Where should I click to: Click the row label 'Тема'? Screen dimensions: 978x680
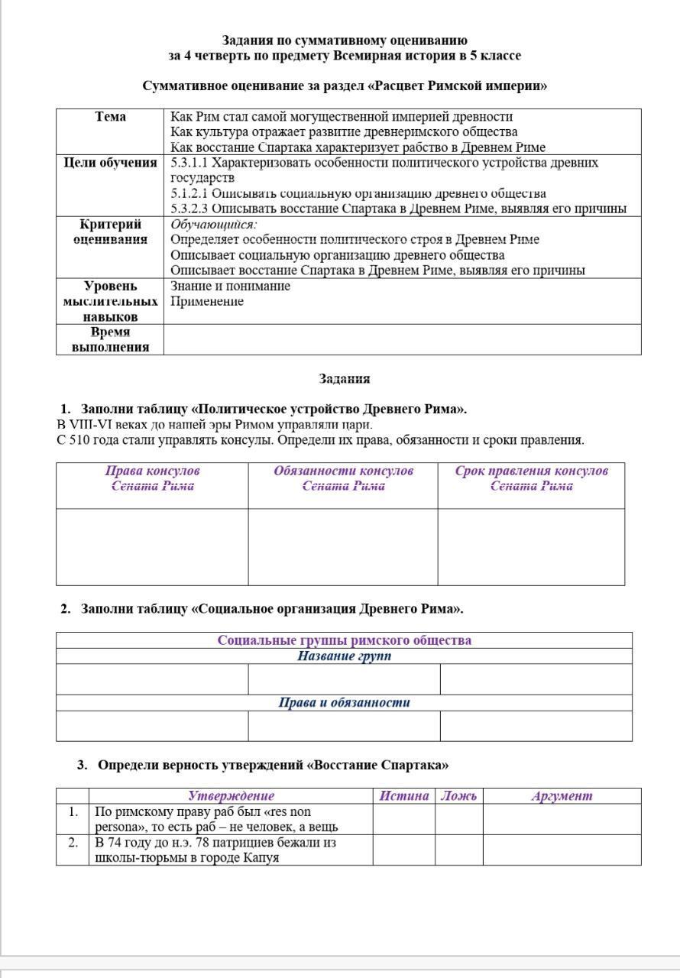[111, 117]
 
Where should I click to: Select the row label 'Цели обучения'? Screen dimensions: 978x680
[111, 163]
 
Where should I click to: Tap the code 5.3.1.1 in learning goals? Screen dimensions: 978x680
[189, 163]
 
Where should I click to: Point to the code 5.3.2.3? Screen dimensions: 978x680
[189, 209]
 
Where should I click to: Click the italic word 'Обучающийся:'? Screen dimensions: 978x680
[214, 225]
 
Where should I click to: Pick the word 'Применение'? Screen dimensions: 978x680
[207, 301]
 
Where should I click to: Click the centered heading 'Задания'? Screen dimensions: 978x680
[345, 379]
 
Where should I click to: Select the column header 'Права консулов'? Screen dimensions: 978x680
[153, 471]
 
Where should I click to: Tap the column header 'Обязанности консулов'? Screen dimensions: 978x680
[344, 471]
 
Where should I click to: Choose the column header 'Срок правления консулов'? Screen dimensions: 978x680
[532, 471]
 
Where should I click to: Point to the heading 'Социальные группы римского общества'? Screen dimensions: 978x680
[345, 640]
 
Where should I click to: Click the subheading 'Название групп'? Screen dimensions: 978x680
[345, 656]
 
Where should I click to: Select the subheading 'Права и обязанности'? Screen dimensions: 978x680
[345, 702]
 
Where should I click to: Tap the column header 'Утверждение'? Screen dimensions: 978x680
[231, 795]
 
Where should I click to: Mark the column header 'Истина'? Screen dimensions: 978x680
[404, 795]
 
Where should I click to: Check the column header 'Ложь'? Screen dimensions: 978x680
[459, 795]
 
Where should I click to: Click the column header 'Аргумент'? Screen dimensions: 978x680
[562, 795]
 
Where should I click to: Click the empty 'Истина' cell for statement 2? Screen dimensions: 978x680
[404, 850]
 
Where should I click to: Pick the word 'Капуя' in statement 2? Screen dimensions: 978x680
[260, 857]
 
